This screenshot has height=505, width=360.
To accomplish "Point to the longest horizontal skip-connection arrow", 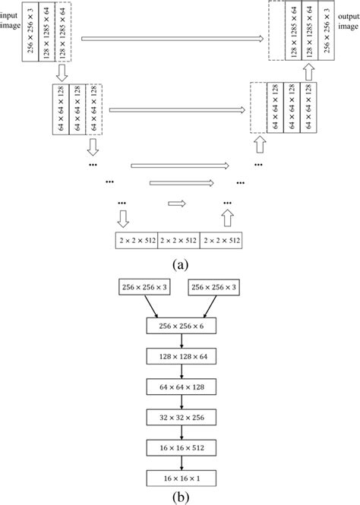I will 172,37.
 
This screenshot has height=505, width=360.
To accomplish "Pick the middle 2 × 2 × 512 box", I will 180,241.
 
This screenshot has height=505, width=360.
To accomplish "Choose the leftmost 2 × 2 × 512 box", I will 137,241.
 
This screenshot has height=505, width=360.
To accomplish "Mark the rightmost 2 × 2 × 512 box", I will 223,241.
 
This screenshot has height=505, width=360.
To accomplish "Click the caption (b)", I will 180,497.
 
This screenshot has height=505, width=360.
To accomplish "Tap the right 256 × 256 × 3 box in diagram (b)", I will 218,289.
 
